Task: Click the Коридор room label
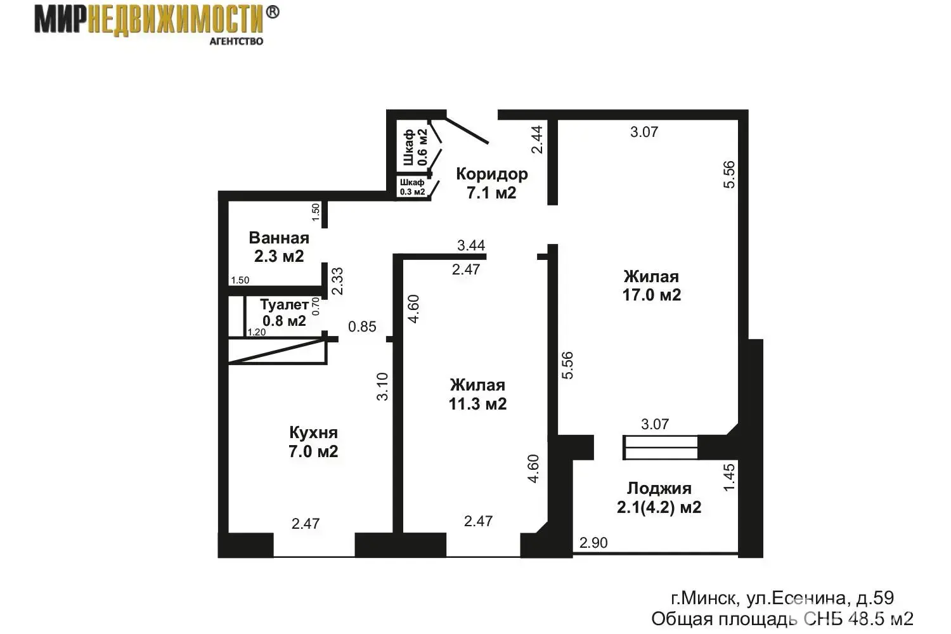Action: pyautogui.click(x=491, y=174)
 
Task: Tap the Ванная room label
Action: pyautogui.click(x=279, y=238)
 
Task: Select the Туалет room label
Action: pyautogui.click(x=284, y=304)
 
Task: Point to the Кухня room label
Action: pyautogui.click(x=313, y=433)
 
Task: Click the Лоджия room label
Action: pyautogui.click(x=659, y=489)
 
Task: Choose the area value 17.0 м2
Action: pyautogui.click(x=651, y=295)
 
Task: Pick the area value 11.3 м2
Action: pyautogui.click(x=477, y=404)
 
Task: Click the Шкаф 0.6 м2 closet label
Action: pyautogui.click(x=415, y=147)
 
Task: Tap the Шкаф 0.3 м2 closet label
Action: pyautogui.click(x=412, y=187)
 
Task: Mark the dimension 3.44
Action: pyautogui.click(x=471, y=245)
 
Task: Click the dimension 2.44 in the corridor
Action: pyautogui.click(x=537, y=139)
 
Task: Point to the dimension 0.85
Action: pyautogui.click(x=362, y=327)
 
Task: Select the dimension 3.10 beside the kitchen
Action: pyautogui.click(x=382, y=387)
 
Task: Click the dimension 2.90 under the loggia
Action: pyautogui.click(x=593, y=543)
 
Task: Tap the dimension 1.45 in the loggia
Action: pyautogui.click(x=728, y=477)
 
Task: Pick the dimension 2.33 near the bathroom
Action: pyautogui.click(x=337, y=281)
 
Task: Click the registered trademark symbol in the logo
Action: pyautogui.click(x=273, y=12)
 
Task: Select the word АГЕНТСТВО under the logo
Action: pyautogui.click(x=236, y=41)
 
